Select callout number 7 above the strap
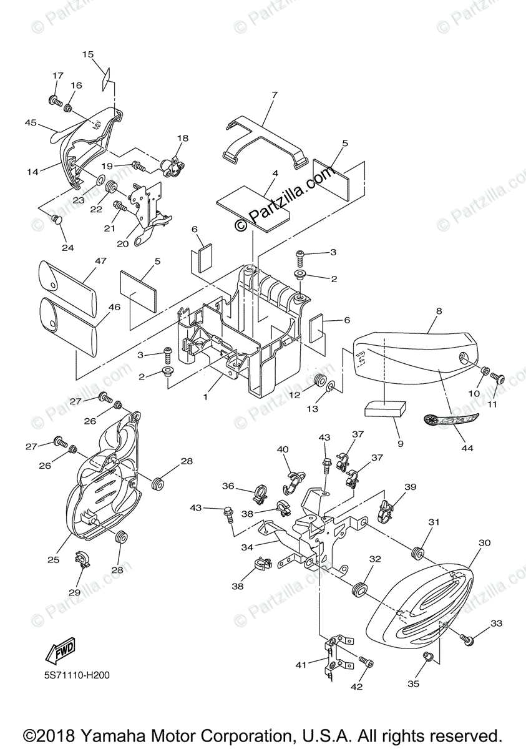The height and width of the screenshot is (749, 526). pos(273,95)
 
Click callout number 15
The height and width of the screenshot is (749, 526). pos(87,54)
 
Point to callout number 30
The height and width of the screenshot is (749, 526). pos(484,543)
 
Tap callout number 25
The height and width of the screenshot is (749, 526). pos(54,559)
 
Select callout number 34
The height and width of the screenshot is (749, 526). pos(247,547)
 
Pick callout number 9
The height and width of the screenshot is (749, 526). pos(399,444)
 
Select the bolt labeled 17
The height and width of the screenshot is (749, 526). pos(53,100)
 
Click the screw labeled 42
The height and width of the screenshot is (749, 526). pos(366,661)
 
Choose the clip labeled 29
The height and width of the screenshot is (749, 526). pos(82,559)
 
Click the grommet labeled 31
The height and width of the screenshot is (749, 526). pos(417,552)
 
